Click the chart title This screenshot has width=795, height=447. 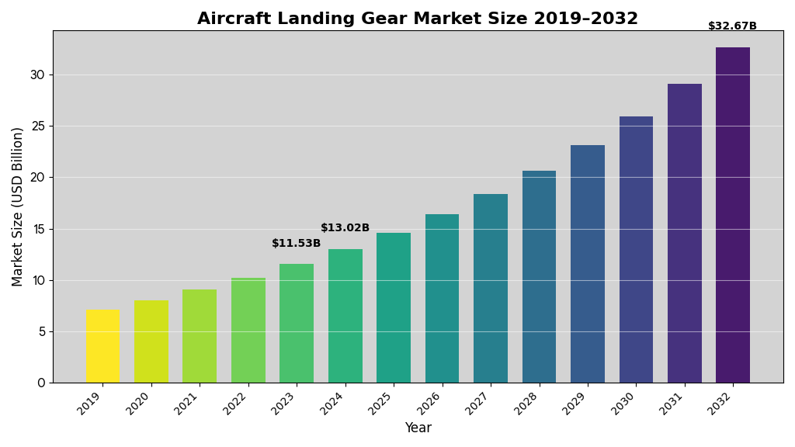click(x=417, y=19)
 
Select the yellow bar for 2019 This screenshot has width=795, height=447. click(x=102, y=346)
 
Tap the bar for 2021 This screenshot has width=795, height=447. click(x=200, y=336)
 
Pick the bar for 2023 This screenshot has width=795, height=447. click(x=297, y=324)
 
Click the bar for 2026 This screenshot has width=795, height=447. click(x=442, y=299)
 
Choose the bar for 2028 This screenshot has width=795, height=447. click(x=539, y=277)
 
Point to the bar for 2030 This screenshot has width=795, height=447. click(x=636, y=250)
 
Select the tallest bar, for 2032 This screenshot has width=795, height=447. click(x=733, y=215)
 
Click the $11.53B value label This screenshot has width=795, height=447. click(x=296, y=244)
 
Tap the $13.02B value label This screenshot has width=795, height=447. click(x=345, y=228)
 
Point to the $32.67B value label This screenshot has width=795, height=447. click(x=732, y=26)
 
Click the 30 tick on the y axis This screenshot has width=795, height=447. click(x=37, y=75)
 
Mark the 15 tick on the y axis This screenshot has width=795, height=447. click(x=37, y=229)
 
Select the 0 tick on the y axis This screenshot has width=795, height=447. click(x=41, y=383)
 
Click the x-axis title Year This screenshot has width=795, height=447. click(x=418, y=428)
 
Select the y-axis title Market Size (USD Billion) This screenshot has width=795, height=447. click(x=18, y=206)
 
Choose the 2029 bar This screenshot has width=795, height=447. click(x=588, y=264)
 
